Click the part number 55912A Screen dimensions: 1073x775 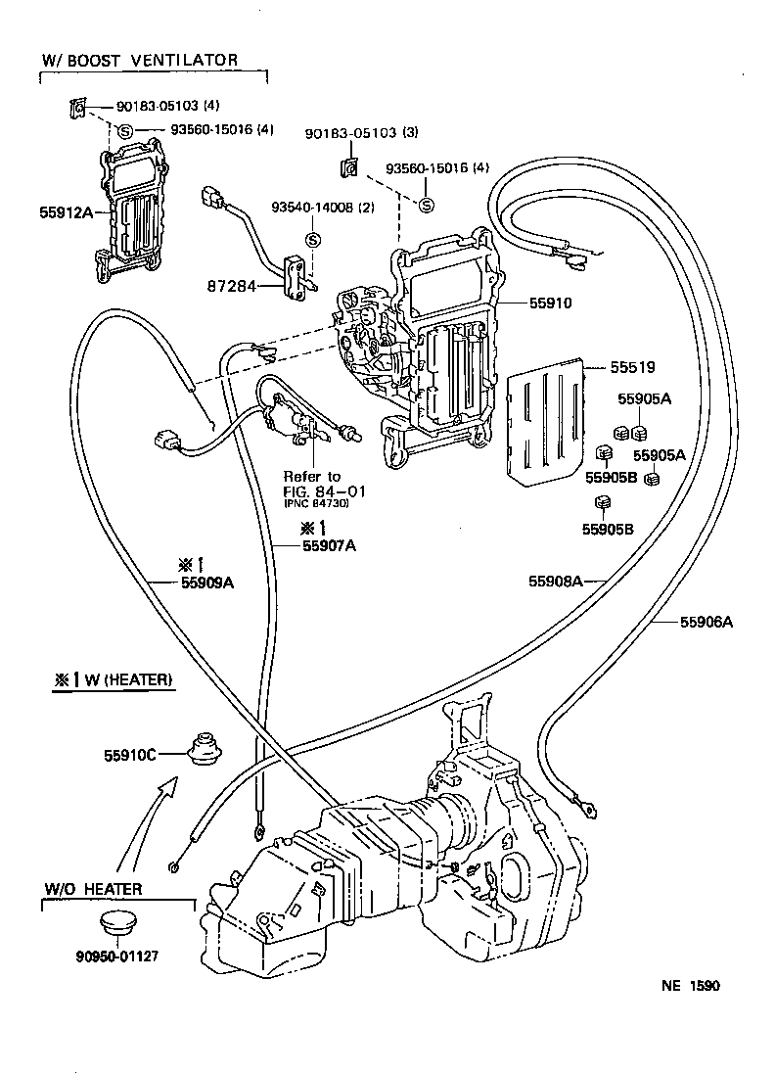click(x=67, y=211)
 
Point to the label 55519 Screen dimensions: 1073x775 click(x=632, y=368)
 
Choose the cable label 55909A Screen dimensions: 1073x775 click(x=207, y=582)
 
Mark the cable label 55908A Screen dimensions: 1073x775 click(x=556, y=581)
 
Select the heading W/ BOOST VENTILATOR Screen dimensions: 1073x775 click(x=139, y=60)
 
